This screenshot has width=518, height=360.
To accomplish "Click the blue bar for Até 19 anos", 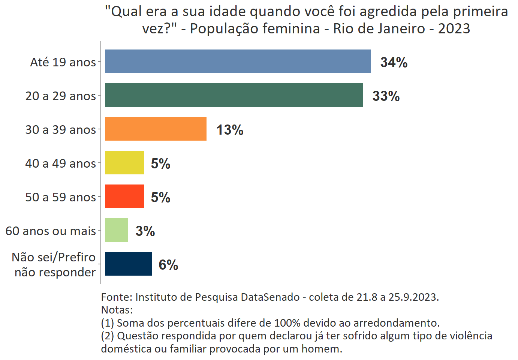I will [x=238, y=61].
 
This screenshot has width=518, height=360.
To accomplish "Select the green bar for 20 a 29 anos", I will [x=234, y=95].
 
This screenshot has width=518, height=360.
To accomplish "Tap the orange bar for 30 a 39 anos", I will [x=156, y=129].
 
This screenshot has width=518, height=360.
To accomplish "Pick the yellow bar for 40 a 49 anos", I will [x=124, y=163].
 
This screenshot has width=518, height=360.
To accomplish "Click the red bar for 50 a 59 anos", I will [x=124, y=196].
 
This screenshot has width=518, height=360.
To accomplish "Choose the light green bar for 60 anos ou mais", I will [x=117, y=230].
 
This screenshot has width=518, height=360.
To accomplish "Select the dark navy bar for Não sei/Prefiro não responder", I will [x=128, y=264].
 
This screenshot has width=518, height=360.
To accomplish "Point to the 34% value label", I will [x=394, y=62].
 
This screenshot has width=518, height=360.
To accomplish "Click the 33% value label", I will [x=386, y=96].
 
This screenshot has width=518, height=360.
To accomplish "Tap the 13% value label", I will [x=230, y=130].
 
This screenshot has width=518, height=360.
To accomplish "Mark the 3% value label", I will [x=145, y=231].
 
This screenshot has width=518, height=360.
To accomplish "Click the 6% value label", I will [x=168, y=265].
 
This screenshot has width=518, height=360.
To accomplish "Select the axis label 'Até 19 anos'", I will [x=63, y=62].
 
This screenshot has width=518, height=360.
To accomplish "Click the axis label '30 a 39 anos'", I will [x=61, y=129].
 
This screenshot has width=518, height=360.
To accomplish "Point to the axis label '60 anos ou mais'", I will [x=51, y=231].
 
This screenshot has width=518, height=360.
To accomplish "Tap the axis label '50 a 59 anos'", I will [x=61, y=197].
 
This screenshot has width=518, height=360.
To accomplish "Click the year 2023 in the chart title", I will [x=454, y=28].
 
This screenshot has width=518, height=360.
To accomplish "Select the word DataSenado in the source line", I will [x=270, y=297].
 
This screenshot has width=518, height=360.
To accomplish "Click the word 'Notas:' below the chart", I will [x=117, y=310].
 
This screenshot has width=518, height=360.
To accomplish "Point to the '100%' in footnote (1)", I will [x=287, y=323].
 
